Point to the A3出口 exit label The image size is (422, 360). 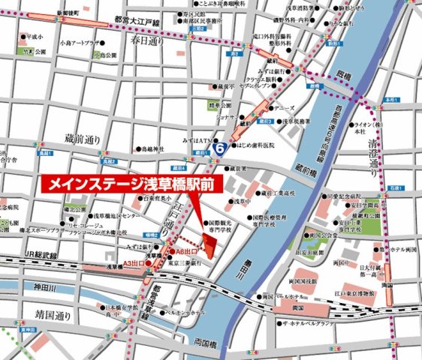(134, 262)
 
